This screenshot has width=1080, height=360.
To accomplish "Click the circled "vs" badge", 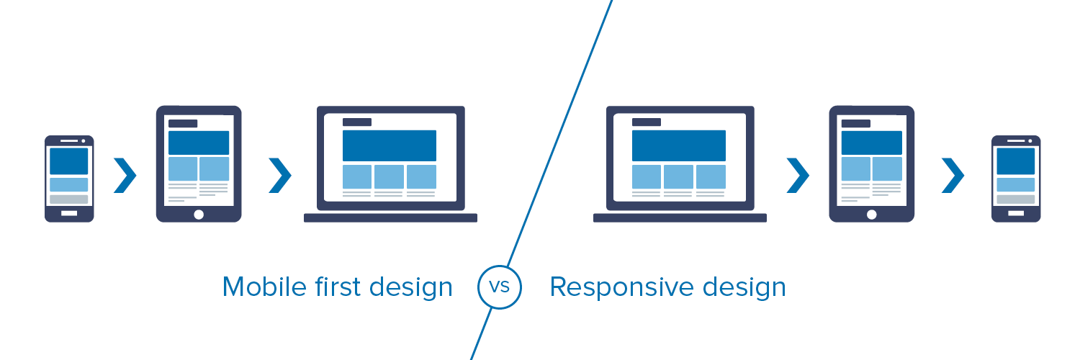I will point(499,287).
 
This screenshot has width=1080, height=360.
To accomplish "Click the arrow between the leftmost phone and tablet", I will point(125,176).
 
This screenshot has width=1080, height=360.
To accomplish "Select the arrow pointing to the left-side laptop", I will point(279,176).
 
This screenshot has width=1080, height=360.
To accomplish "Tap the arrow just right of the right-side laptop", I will point(798,176).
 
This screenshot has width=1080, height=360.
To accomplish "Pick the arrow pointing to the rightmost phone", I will point(953,176).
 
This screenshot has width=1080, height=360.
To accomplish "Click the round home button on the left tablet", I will point(199,214).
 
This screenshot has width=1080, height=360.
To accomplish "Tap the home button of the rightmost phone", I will point(1016,213).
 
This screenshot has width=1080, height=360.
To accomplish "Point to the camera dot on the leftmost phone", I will point(84,141).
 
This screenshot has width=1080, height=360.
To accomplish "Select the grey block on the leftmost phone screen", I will point(69,199).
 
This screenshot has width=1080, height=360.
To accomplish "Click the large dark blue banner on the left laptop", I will point(389,145).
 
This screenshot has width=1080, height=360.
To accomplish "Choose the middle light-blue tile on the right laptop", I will point(678,177).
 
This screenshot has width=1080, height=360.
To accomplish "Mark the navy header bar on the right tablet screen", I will point(855,124).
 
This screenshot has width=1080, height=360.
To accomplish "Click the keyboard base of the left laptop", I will point(390,217).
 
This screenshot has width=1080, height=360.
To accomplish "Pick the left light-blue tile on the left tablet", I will point(183,169).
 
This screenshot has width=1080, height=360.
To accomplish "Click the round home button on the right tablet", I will point(872,214).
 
